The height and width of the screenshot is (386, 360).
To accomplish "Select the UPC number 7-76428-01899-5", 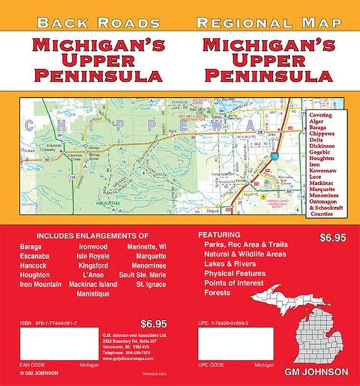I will tap(240, 324).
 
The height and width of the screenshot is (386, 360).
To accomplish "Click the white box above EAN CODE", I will tap(56, 344).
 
